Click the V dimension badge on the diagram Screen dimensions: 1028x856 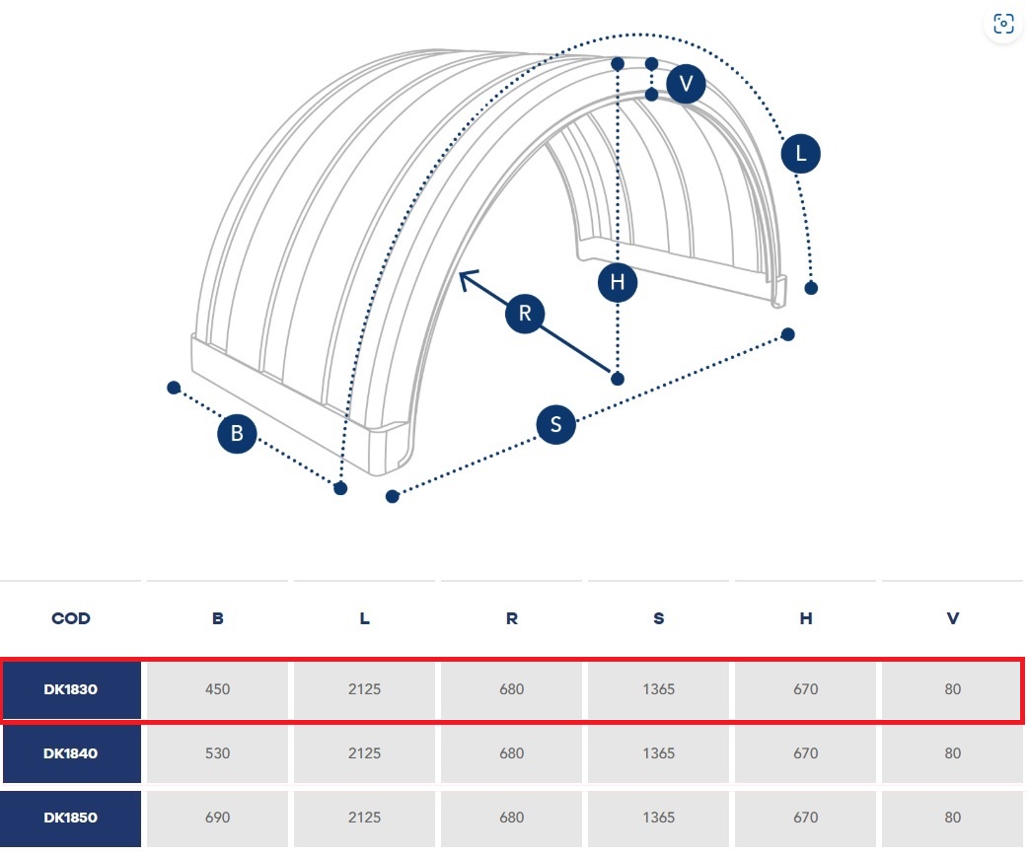[686, 84]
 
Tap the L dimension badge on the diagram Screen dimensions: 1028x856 [800, 154]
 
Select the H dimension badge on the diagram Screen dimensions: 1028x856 [618, 282]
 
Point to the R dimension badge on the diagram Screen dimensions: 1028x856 [525, 314]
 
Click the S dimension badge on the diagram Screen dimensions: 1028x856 [556, 425]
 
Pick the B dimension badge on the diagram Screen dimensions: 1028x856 [237, 433]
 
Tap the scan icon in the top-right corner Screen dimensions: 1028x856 [1003, 24]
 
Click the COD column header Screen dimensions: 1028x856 [71, 618]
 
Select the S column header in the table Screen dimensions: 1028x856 [659, 618]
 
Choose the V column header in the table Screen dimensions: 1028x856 [953, 618]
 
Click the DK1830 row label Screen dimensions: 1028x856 [71, 689]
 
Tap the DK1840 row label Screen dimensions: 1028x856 [71, 753]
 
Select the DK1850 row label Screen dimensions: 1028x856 [71, 818]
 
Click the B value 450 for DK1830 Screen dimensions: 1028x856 [218, 689]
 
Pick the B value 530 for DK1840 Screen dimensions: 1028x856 [218, 753]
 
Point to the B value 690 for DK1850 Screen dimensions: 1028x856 [218, 818]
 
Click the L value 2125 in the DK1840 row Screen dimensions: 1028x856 [364, 753]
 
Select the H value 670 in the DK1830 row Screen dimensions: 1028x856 [806, 689]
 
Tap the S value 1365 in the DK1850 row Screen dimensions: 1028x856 [659, 818]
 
